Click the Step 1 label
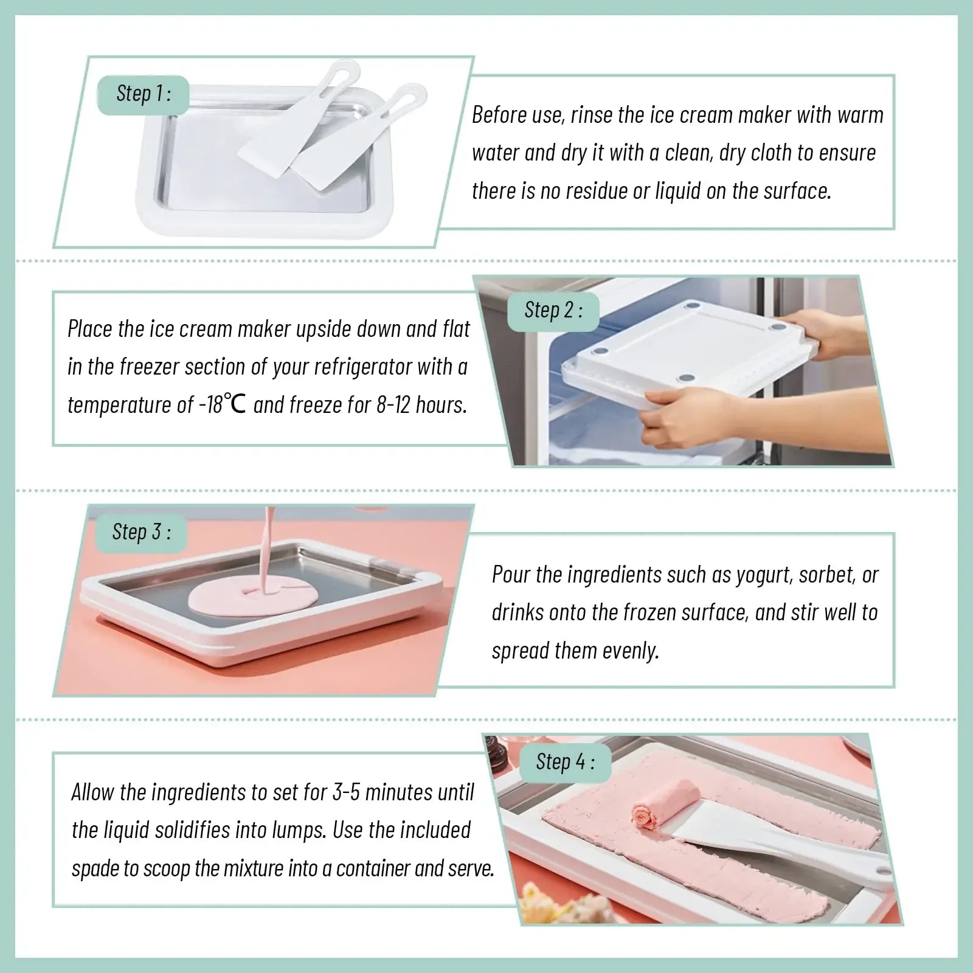(143, 94)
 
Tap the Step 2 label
(553, 310)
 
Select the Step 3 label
(141, 532)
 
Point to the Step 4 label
(564, 761)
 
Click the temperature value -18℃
(223, 404)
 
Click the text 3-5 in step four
(347, 792)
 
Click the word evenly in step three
(630, 651)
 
